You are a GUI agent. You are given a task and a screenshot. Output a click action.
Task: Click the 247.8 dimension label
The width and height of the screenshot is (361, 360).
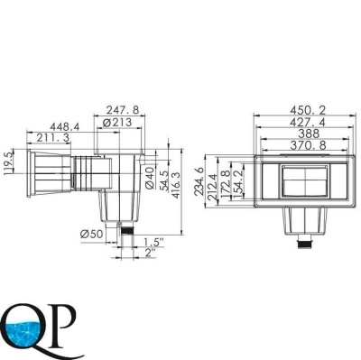click(x=123, y=109)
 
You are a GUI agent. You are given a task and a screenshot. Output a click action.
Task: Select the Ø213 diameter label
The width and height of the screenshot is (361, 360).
click(x=117, y=123)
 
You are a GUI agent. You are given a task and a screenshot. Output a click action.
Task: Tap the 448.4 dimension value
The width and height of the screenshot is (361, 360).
click(x=65, y=126)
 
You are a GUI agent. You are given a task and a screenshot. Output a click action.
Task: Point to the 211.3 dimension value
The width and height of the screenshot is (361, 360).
click(x=53, y=138)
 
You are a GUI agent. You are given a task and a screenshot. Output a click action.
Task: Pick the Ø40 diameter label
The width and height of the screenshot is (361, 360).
click(x=150, y=178)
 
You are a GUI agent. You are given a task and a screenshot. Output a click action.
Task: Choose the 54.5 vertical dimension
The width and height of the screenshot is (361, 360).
click(x=164, y=180)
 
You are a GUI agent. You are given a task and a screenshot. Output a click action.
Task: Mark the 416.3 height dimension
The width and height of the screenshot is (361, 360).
click(x=175, y=185)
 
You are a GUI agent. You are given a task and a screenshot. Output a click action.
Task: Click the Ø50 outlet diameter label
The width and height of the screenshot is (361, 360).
click(x=91, y=234)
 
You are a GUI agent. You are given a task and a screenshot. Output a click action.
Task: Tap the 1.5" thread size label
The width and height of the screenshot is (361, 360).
click(x=153, y=242)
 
